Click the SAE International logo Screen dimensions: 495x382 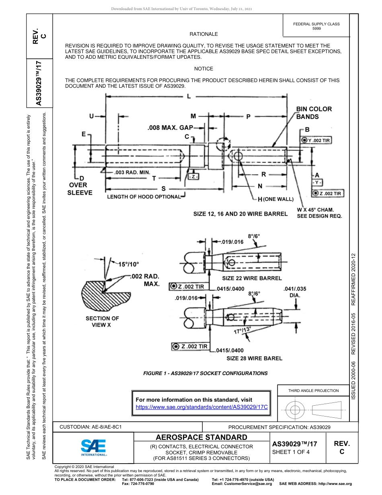pos(93,447)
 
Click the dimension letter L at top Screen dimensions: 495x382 pos(189,97)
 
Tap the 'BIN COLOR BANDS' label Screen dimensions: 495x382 pos(314,113)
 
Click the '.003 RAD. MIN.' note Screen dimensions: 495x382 pos(132,172)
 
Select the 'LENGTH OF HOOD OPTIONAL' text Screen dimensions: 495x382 pos(144,197)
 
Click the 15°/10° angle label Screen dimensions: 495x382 pos(128,264)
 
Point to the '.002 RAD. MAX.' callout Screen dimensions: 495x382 pos(146,280)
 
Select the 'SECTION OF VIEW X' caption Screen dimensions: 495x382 pos(102,322)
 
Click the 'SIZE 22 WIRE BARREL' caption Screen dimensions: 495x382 pos(252,278)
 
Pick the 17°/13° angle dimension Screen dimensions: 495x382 pos(242,331)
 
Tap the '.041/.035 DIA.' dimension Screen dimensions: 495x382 pos(295,292)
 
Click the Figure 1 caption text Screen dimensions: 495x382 pos(205,373)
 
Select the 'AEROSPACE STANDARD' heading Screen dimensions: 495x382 pos(201,437)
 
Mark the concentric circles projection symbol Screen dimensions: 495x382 pos(295,410)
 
